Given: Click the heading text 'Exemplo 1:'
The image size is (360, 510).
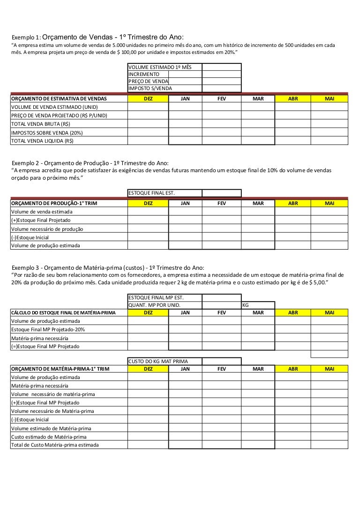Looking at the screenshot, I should [27, 38].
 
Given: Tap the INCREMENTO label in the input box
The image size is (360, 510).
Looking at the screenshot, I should [144, 74].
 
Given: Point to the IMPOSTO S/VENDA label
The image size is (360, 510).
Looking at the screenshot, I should [150, 88].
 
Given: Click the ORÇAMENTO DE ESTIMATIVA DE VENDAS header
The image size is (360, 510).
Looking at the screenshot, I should [59, 99].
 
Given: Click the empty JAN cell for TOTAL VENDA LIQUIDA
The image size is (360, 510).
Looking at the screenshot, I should [185, 141].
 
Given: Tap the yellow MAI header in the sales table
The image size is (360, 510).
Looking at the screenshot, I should [330, 99].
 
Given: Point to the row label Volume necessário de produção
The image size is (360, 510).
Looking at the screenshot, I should [47, 229].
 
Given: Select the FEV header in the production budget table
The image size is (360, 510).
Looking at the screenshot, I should [221, 203].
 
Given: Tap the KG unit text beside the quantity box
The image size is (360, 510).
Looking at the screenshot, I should [246, 305].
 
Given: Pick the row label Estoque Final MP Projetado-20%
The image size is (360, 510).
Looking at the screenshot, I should [48, 329].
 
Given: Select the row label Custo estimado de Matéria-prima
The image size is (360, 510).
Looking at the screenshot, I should [49, 437].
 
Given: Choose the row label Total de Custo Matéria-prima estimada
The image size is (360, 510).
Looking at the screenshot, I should [55, 445].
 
